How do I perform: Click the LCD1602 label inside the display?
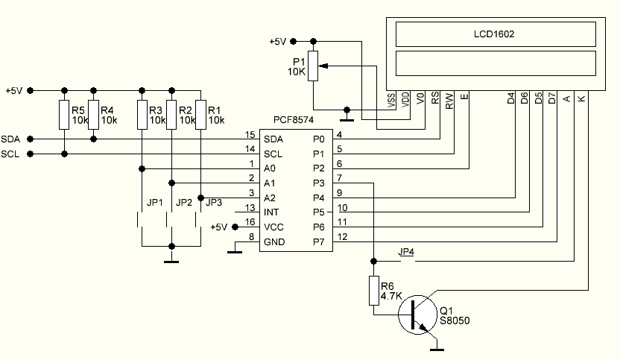pyautogui.click(x=495, y=34)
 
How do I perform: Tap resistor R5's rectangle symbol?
pyautogui.click(x=64, y=114)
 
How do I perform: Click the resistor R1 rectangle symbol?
pyautogui.click(x=200, y=114)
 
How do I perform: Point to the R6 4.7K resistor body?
pyautogui.click(x=373, y=291)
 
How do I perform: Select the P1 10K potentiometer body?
pyautogui.click(x=314, y=67)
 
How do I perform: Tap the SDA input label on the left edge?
pyautogui.click(x=10, y=139)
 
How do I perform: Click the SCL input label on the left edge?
pyautogui.click(x=10, y=154)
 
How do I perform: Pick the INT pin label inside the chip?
pyautogui.click(x=271, y=212)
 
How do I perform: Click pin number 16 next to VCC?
pyautogui.click(x=250, y=222)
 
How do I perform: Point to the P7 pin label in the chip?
pyautogui.click(x=318, y=241)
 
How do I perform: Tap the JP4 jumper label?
pyautogui.click(x=407, y=252)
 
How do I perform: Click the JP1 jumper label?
pyautogui.click(x=155, y=202)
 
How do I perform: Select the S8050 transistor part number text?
pyautogui.click(x=455, y=320)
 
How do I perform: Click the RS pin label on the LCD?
pyautogui.click(x=436, y=101)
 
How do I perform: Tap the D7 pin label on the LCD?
pyautogui.click(x=551, y=98)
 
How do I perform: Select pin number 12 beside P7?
pyautogui.click(x=343, y=237)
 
